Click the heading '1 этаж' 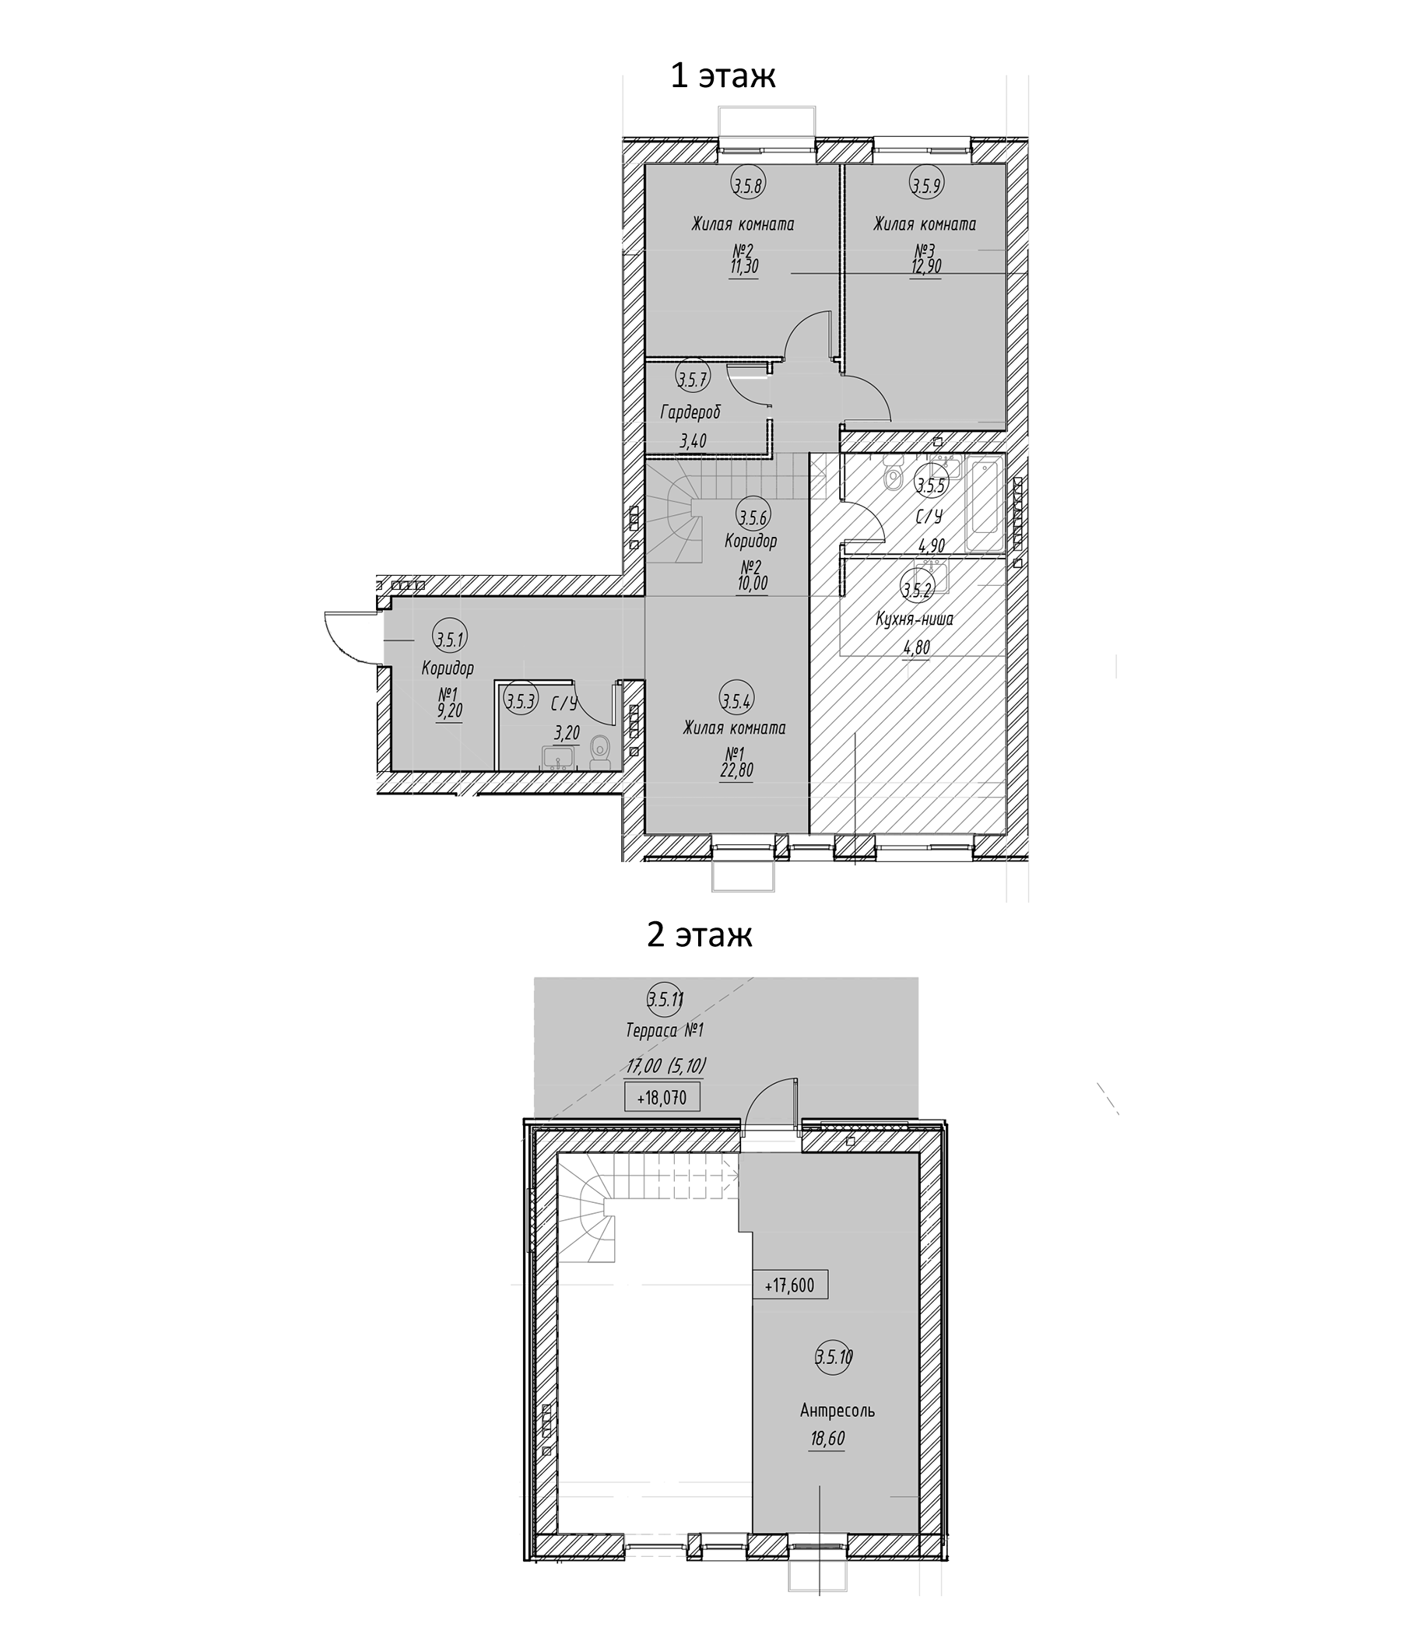click(x=722, y=76)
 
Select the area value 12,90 click(x=925, y=267)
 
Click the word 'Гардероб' click(x=691, y=412)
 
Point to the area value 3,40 click(x=693, y=441)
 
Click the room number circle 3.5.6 click(x=753, y=517)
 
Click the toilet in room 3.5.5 click(x=893, y=478)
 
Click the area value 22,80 click(x=736, y=769)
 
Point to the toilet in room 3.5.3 click(x=600, y=750)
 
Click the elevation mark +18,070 click(x=662, y=1098)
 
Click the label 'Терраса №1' click(x=664, y=1030)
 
